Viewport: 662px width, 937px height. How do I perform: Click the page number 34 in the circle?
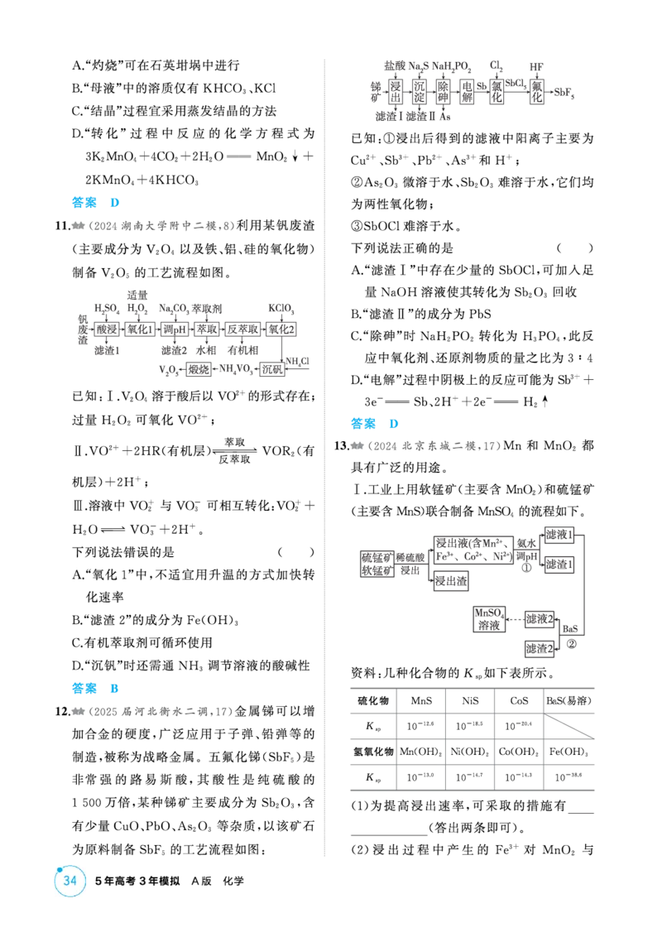pyautogui.click(x=70, y=880)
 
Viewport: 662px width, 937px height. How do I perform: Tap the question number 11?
pyautogui.click(x=62, y=225)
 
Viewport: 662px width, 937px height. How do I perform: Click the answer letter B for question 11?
pyautogui.click(x=114, y=688)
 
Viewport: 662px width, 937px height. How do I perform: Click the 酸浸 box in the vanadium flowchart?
pyautogui.click(x=108, y=329)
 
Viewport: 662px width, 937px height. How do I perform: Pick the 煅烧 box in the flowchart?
pyautogui.click(x=199, y=369)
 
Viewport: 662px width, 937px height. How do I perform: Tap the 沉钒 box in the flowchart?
pyautogui.click(x=272, y=369)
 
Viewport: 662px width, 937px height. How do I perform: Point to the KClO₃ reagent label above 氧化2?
pyautogui.click(x=281, y=309)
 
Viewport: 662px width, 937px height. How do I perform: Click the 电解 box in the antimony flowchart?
pyautogui.click(x=468, y=92)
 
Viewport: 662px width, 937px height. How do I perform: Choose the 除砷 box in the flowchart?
pyautogui.click(x=443, y=92)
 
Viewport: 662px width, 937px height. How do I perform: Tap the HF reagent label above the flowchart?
pyautogui.click(x=536, y=67)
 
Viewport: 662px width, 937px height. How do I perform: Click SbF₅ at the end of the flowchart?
pyautogui.click(x=564, y=93)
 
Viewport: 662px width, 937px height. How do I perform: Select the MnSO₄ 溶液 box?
pyautogui.click(x=489, y=619)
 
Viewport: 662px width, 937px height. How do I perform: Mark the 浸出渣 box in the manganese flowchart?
pyautogui.click(x=451, y=581)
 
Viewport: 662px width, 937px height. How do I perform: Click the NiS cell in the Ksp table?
pyautogui.click(x=470, y=700)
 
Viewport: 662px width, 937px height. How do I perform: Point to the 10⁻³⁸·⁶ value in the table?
pyautogui.click(x=568, y=777)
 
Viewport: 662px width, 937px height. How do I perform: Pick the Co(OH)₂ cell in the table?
pyautogui.click(x=519, y=751)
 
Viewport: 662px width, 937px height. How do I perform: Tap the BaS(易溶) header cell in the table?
pyautogui.click(x=568, y=700)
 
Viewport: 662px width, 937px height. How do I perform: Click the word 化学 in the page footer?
pyautogui.click(x=233, y=880)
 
